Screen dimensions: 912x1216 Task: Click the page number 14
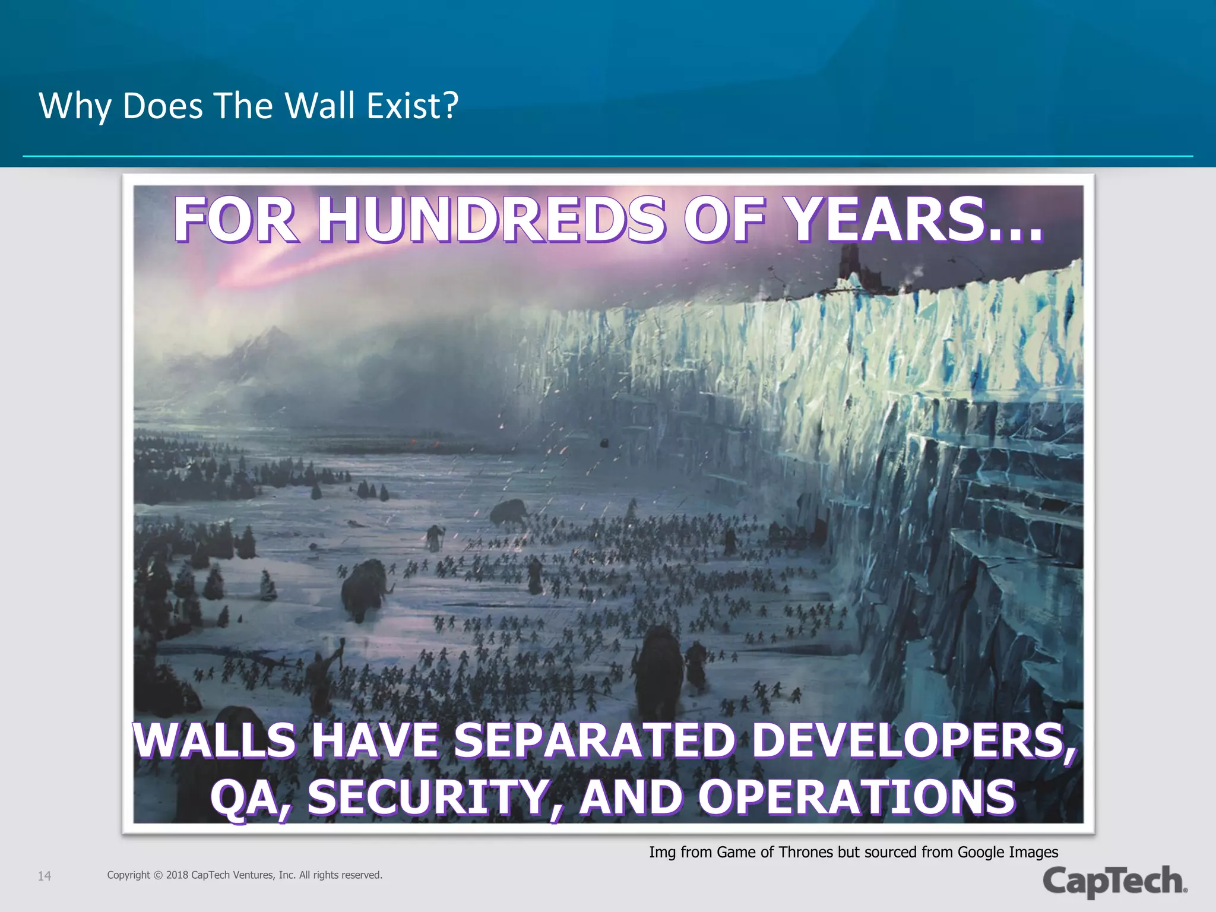pos(45,876)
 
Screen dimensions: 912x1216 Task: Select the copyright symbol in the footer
pos(158,875)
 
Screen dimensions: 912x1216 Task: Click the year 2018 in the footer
pos(177,875)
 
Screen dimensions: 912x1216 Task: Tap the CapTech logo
pos(1115,881)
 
